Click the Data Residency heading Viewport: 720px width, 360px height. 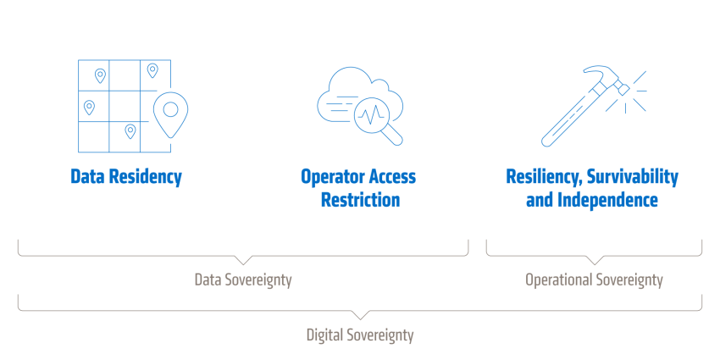[x=126, y=177]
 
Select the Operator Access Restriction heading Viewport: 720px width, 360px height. [x=358, y=189]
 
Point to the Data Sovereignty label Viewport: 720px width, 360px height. [x=243, y=280]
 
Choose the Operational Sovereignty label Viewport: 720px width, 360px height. [x=594, y=280]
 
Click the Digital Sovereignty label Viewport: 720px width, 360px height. [x=360, y=335]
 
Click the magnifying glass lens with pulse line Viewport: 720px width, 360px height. [x=373, y=115]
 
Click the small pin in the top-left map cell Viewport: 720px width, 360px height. [x=100, y=75]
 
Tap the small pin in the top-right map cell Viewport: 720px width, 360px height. [x=152, y=70]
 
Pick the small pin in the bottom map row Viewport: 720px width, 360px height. [x=130, y=131]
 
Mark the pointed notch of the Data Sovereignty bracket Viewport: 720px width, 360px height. [x=243, y=264]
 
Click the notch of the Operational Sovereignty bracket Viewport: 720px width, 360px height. [x=594, y=264]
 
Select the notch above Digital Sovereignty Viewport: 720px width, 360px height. [x=360, y=318]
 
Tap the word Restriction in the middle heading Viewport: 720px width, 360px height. [x=361, y=200]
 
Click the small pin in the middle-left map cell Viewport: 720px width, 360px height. [x=89, y=108]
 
